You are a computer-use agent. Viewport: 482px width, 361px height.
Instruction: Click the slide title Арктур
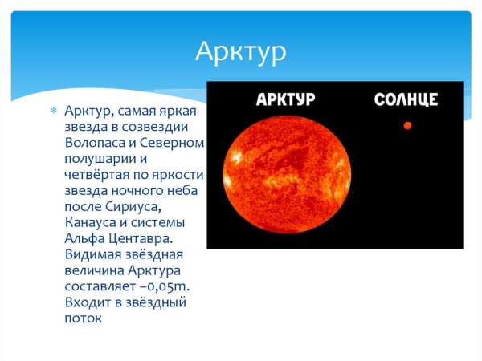(241, 52)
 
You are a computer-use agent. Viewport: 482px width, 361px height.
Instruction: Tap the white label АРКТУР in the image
(284, 99)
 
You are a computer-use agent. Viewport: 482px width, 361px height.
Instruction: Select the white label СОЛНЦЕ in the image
(406, 99)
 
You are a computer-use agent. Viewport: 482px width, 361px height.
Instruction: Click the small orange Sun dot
(407, 125)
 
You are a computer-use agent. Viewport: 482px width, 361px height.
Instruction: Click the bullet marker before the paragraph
(54, 111)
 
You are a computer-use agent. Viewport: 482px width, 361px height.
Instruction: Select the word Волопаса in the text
(95, 143)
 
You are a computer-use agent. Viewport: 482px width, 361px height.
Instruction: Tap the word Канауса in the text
(90, 222)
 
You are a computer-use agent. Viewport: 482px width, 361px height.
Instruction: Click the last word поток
(84, 318)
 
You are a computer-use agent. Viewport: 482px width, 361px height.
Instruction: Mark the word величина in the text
(94, 270)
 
